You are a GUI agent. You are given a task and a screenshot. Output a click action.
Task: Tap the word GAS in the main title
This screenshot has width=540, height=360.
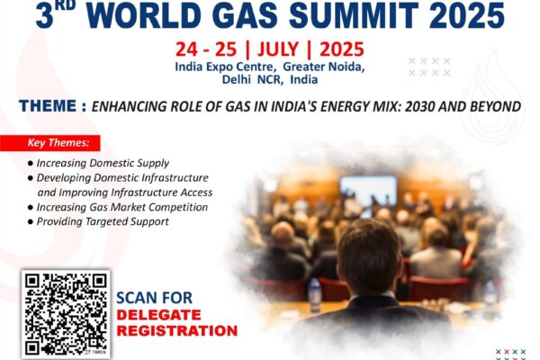click(x=244, y=14)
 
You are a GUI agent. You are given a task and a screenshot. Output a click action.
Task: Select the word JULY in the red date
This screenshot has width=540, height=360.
click(x=278, y=49)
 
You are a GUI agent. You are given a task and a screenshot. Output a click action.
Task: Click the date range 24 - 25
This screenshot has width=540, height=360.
click(x=206, y=49)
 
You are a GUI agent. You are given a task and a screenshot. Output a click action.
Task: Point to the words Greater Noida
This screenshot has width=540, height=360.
click(x=324, y=67)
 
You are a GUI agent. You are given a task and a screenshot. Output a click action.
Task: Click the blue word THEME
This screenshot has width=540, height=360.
click(x=48, y=106)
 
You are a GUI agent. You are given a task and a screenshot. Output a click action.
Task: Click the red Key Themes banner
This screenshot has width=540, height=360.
click(x=49, y=143)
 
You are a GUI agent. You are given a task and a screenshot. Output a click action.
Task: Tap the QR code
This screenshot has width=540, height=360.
click(x=66, y=314)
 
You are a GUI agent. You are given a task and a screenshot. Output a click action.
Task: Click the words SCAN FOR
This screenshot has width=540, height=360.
click(x=154, y=298)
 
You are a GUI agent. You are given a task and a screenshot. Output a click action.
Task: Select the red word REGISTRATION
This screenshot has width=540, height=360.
click(x=177, y=330)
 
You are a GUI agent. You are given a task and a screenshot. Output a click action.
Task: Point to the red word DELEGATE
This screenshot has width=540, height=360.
click(x=158, y=315)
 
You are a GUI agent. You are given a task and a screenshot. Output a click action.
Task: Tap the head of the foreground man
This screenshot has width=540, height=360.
click(x=369, y=256)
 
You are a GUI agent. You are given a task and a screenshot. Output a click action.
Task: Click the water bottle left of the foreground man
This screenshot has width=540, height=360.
click(x=314, y=295)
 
